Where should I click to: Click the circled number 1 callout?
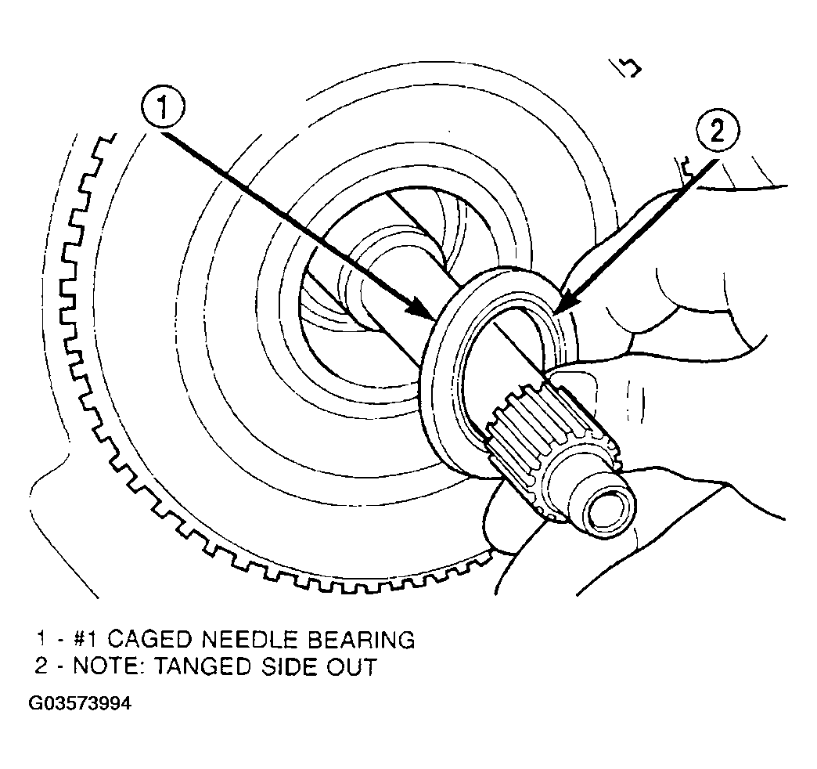pos(163,110)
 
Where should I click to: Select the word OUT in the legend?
pos(351,667)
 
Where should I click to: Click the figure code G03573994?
pos(81,704)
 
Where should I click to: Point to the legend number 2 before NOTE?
pos(41,667)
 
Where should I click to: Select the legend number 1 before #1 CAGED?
pos(41,639)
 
